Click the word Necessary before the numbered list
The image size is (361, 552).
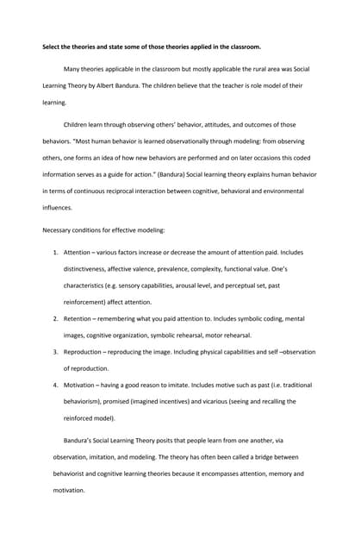pos(59,229)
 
